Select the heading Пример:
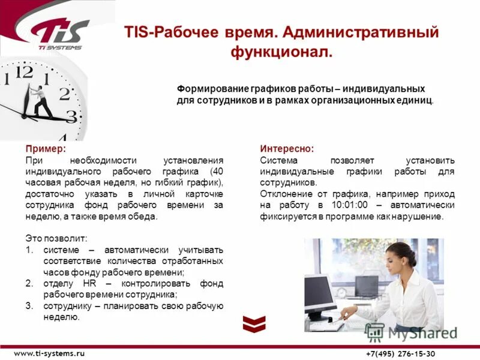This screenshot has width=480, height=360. [46, 148]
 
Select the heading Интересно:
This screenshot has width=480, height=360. [286, 148]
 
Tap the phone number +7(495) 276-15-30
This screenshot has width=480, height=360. [401, 353]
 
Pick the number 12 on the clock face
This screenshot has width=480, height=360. [25, 73]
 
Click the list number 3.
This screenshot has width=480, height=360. [29, 306]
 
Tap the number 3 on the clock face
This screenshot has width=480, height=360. [71, 117]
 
